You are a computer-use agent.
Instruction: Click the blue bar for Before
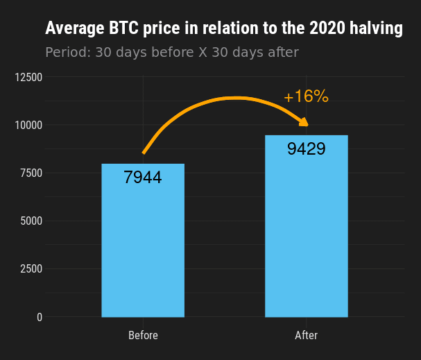coord(143,240)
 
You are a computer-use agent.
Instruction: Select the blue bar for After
coord(307,226)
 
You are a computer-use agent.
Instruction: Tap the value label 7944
coord(143,177)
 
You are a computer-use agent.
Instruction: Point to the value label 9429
coord(306,148)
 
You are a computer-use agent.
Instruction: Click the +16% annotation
coord(306,96)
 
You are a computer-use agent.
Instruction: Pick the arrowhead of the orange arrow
coord(304,122)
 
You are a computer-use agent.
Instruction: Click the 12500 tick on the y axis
coord(28,77)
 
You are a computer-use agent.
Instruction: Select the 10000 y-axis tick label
coord(28,125)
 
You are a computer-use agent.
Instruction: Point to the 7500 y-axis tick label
coord(31,173)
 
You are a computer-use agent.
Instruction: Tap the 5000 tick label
coord(31,221)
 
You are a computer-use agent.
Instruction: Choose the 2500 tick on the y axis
coord(31,268)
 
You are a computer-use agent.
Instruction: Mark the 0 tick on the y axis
coord(40,317)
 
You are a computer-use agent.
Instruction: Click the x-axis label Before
coord(143,335)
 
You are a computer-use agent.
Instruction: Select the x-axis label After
coord(307,335)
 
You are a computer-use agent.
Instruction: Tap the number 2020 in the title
coord(327,28)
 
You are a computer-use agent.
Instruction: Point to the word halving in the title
coord(376,28)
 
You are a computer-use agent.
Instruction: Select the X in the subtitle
coord(203,52)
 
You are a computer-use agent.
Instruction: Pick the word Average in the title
coord(75,28)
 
